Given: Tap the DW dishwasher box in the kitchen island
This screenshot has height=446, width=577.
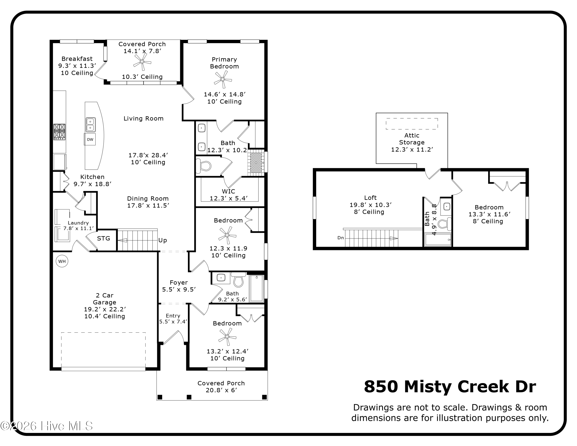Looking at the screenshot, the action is click(90, 139).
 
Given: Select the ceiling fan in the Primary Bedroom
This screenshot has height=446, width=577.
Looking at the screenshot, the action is click(223, 79).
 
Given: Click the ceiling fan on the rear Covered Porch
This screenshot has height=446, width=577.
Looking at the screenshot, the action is click(142, 62).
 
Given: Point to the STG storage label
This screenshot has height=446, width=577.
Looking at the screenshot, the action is click(103, 239).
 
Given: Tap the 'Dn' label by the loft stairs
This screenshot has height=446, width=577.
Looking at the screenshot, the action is click(341, 238).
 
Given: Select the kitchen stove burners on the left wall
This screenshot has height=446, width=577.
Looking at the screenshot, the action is click(59, 132).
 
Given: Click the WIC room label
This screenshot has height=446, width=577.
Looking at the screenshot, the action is click(228, 191).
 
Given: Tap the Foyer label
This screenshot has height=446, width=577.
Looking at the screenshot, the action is click(179, 283).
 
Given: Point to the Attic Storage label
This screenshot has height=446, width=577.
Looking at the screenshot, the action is click(412, 139).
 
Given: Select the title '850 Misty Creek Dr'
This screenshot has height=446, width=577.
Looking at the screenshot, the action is click(450, 387).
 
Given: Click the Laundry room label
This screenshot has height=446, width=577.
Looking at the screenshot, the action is click(78, 223).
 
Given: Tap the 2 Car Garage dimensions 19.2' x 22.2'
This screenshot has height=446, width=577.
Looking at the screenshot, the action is click(105, 309).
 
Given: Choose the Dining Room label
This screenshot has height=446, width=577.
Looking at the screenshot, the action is click(148, 198).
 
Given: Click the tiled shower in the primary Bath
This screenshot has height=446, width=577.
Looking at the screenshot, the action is click(256, 163).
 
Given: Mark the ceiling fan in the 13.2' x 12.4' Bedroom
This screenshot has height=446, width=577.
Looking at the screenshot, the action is click(227, 337).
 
